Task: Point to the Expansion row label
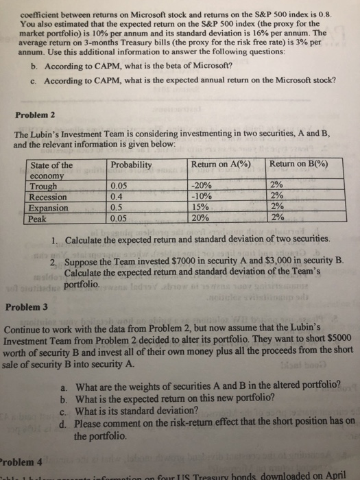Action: [50, 208]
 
